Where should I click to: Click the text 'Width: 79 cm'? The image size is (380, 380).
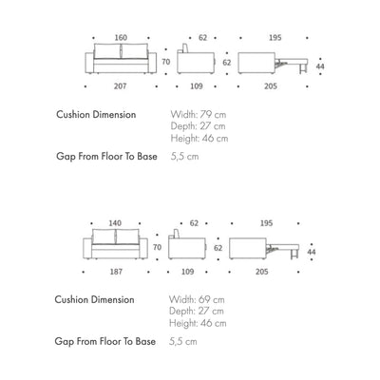pyautogui.click(x=199, y=114)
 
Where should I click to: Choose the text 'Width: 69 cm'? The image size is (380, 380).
pyautogui.click(x=199, y=298)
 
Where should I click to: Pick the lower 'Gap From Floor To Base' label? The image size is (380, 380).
pyautogui.click(x=105, y=339)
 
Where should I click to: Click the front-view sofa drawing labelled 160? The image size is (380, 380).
pyautogui.click(x=121, y=61)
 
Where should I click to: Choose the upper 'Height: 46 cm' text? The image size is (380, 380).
pyautogui.click(x=199, y=139)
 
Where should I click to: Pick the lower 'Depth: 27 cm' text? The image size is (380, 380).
pyautogui.click(x=198, y=311)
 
